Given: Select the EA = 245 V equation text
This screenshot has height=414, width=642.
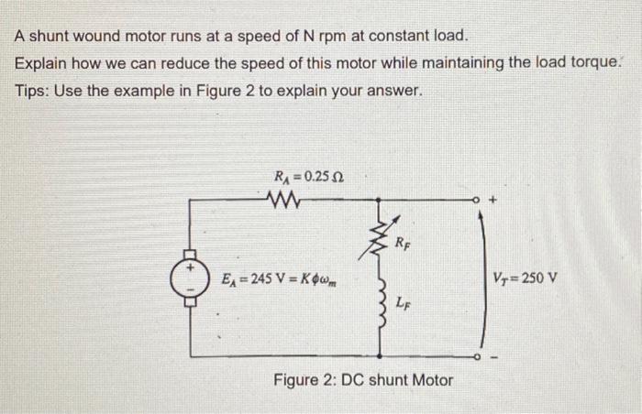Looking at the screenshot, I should coord(270,276).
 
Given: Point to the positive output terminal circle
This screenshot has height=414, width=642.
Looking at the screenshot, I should coord(478,196).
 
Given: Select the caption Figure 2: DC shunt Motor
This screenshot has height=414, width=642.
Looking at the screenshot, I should coord(363,379).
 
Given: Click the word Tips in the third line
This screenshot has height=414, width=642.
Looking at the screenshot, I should coord(33,93).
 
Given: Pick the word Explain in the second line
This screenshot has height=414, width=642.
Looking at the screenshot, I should coord(43,64).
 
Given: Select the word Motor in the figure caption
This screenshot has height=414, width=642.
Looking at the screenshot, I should coord(431,379).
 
